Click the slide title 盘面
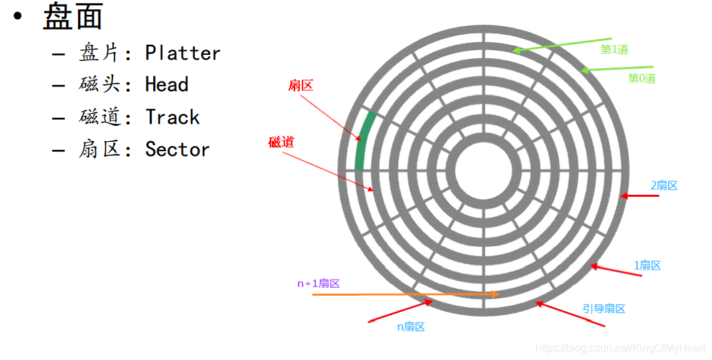pos(72,17)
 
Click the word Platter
pos(183,53)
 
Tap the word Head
pos(167,85)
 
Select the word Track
pos(173,118)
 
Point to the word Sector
pos(177,149)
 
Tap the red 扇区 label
pos(300,86)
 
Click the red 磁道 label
pos(281,142)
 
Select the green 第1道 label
pos(614,50)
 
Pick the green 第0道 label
pos(642,78)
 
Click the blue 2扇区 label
pos(664,185)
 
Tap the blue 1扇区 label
pos(647,266)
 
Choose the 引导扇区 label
pos(604,308)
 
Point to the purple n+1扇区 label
pos(319,283)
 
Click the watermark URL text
pos(621,348)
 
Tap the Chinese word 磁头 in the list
pos(96,85)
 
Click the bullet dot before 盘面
pos(19,17)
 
